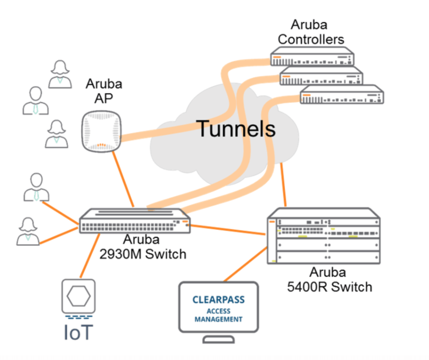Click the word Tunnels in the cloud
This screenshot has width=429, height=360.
pos(236,129)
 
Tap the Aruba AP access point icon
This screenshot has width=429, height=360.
pos(101,131)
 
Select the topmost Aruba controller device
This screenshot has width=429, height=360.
pos(312,57)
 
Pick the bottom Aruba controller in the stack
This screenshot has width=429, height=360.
pos(342,95)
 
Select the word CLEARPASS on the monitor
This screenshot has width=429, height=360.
pos(218,300)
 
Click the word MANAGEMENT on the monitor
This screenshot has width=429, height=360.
pos(218,319)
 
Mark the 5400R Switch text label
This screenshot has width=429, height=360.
pos(329,287)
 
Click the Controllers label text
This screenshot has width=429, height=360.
pos(311,39)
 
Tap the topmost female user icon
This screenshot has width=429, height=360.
pos(60,75)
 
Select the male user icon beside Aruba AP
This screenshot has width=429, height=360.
pos(35,101)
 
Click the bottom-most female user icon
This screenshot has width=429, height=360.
pos(28,231)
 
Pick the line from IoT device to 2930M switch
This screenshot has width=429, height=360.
pos(89,256)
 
